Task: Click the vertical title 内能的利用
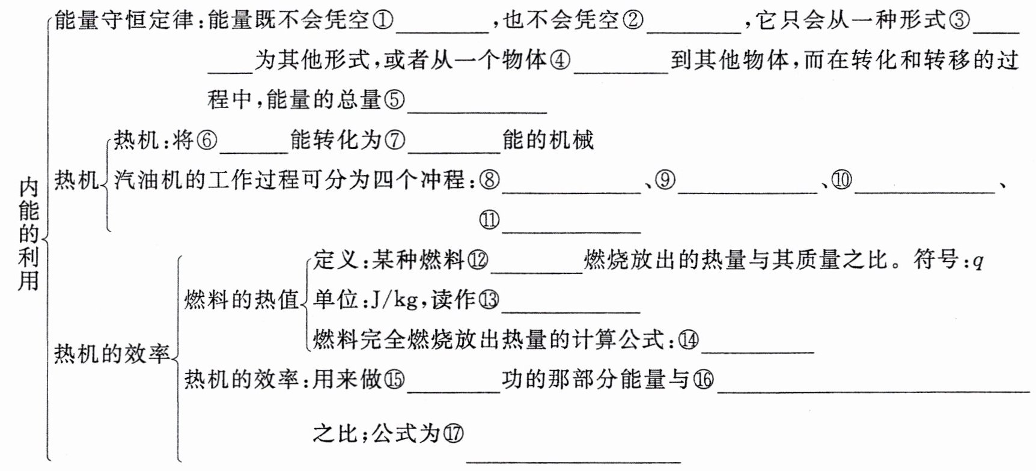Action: (28, 234)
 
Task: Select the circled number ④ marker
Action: (560, 61)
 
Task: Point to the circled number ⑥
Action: (207, 141)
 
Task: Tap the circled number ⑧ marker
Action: (490, 180)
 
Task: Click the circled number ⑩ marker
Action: (841, 180)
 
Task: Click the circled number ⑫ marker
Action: (478, 260)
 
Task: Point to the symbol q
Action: (977, 261)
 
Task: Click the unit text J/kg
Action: (394, 299)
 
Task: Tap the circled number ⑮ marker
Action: (394, 380)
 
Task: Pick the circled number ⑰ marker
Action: (454, 433)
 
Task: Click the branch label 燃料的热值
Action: (242, 299)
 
